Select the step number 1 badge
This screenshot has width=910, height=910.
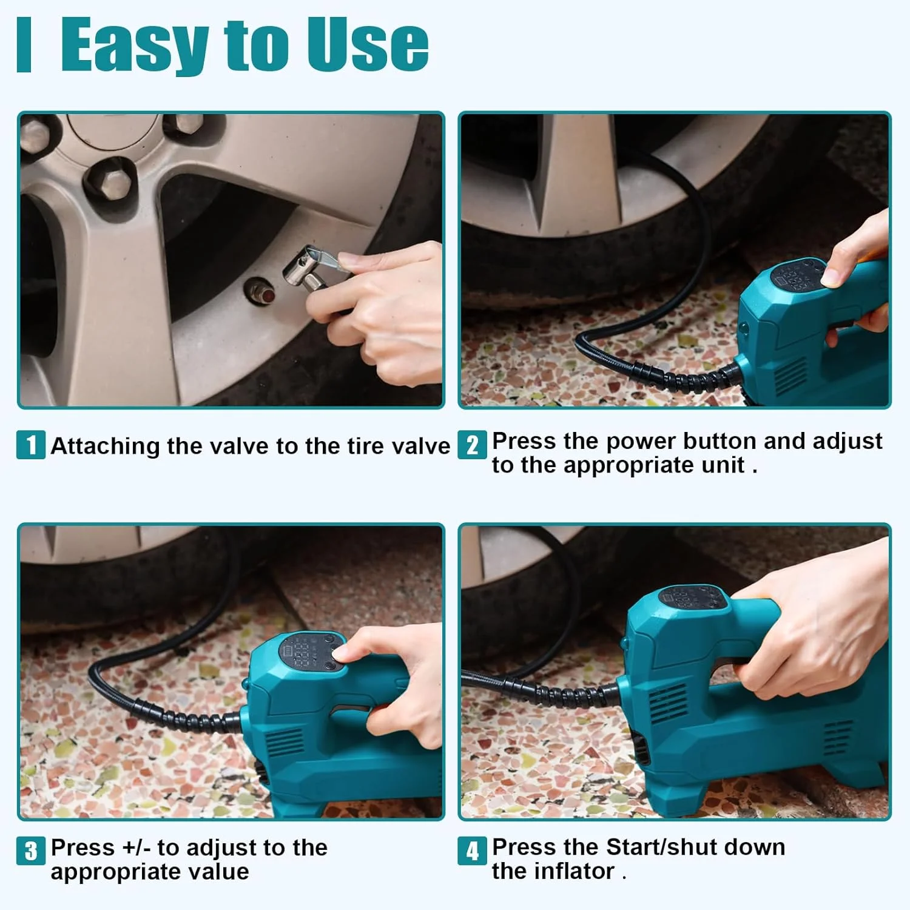tap(30, 445)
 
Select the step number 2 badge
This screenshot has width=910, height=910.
tap(472, 445)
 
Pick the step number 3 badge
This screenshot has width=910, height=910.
tap(30, 851)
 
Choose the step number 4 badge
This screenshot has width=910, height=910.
tap(472, 851)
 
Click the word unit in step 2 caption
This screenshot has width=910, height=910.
tap(723, 465)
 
